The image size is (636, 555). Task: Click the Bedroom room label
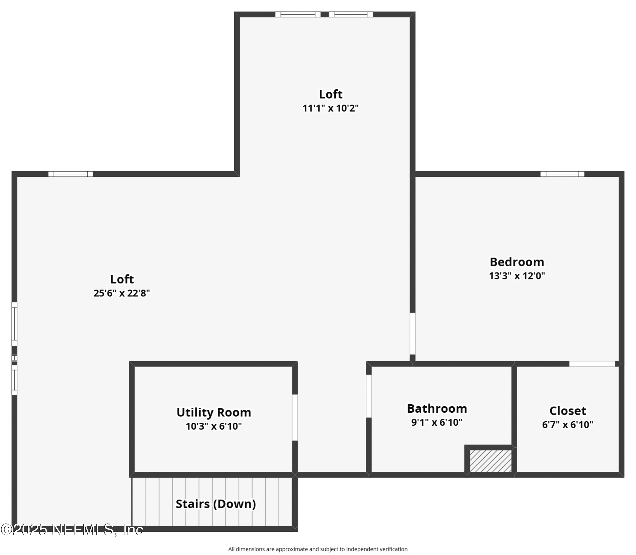point(517,262)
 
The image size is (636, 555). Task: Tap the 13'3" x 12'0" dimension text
point(517,276)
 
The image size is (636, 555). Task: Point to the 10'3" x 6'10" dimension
point(213,426)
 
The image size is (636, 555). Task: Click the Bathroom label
point(437,408)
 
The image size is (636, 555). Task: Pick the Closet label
point(567,411)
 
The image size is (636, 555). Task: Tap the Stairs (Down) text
point(216,504)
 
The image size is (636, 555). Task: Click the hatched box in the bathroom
point(490,461)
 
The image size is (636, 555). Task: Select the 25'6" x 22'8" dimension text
point(122,293)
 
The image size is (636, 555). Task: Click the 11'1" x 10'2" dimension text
point(330,108)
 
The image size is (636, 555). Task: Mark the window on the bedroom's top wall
point(562,174)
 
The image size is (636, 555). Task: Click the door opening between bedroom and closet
point(592,364)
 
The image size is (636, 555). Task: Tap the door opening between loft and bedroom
point(413,334)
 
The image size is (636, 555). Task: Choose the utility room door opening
point(295,417)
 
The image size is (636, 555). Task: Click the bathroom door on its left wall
point(369,396)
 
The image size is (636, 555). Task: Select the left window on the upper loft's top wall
point(298,14)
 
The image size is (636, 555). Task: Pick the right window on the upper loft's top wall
point(351,14)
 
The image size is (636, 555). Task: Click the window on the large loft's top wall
point(71,174)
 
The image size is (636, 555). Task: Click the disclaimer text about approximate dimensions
point(318,549)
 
